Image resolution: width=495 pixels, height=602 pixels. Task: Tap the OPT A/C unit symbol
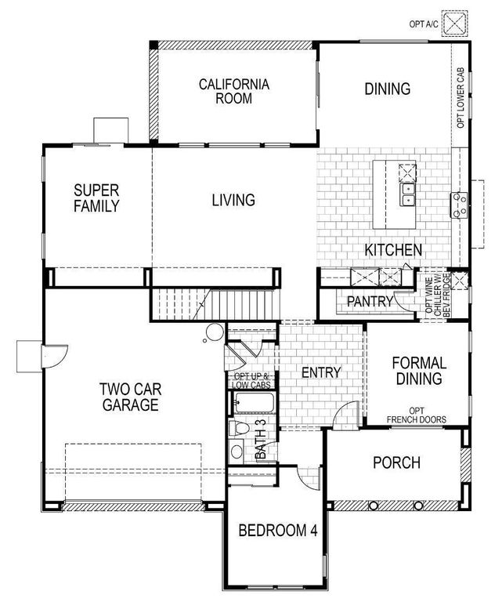tap(455, 23)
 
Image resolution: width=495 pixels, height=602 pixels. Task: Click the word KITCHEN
tap(393, 250)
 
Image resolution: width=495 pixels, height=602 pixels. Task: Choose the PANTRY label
tap(370, 300)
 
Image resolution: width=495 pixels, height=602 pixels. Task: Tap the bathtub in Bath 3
tap(251, 404)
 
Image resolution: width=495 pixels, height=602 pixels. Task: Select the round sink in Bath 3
tap(237, 452)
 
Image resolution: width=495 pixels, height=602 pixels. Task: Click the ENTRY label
tap(321, 372)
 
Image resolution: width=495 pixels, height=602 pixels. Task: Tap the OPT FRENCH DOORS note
tap(416, 415)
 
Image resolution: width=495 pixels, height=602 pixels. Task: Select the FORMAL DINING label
tap(419, 371)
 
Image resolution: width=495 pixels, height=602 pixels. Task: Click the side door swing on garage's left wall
tap(56, 357)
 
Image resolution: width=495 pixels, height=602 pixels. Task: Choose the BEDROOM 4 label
tap(278, 530)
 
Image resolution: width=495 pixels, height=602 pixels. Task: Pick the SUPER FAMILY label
tap(96, 198)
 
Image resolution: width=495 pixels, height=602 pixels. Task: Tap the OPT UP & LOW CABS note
tap(251, 380)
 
